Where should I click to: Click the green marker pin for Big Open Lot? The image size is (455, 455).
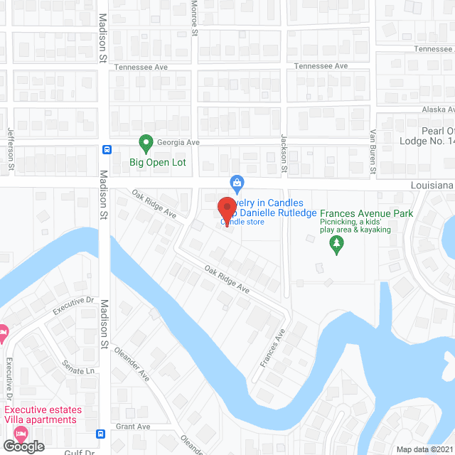tap(146, 144)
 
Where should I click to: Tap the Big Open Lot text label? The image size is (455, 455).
tap(158, 162)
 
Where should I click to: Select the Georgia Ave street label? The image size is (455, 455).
tap(178, 142)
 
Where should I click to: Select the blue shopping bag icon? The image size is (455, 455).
tap(237, 183)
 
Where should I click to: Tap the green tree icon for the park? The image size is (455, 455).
tap(337, 245)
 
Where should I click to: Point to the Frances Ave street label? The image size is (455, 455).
tap(272, 348)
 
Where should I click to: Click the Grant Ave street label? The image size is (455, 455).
tap(134, 427)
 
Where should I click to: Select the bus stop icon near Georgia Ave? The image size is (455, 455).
tap(107, 149)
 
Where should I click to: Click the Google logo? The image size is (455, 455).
tap(23, 446)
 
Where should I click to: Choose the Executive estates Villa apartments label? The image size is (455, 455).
tap(41, 414)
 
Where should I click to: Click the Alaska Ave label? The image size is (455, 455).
tap(437, 109)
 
